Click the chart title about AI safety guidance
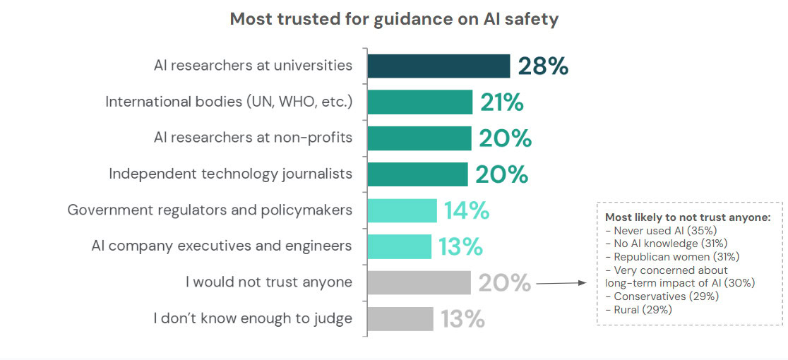coord(394,19)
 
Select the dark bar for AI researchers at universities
coord(438,66)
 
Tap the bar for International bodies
coord(419,102)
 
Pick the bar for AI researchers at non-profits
coord(419,138)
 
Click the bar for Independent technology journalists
coord(417,174)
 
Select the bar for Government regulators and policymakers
coord(402,210)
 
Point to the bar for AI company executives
coord(399,246)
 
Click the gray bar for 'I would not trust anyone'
coord(419,282)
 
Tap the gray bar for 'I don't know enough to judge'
coord(400,318)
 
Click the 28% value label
coord(543,66)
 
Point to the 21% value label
coord(502,102)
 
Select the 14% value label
coord(466,210)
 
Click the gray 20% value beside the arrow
coord(504,282)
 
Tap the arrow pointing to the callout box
coord(561,283)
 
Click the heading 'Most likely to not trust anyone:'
coord(688,217)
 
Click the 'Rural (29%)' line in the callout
coord(638,309)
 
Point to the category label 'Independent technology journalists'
coord(230,174)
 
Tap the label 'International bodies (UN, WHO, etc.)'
coord(229,102)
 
